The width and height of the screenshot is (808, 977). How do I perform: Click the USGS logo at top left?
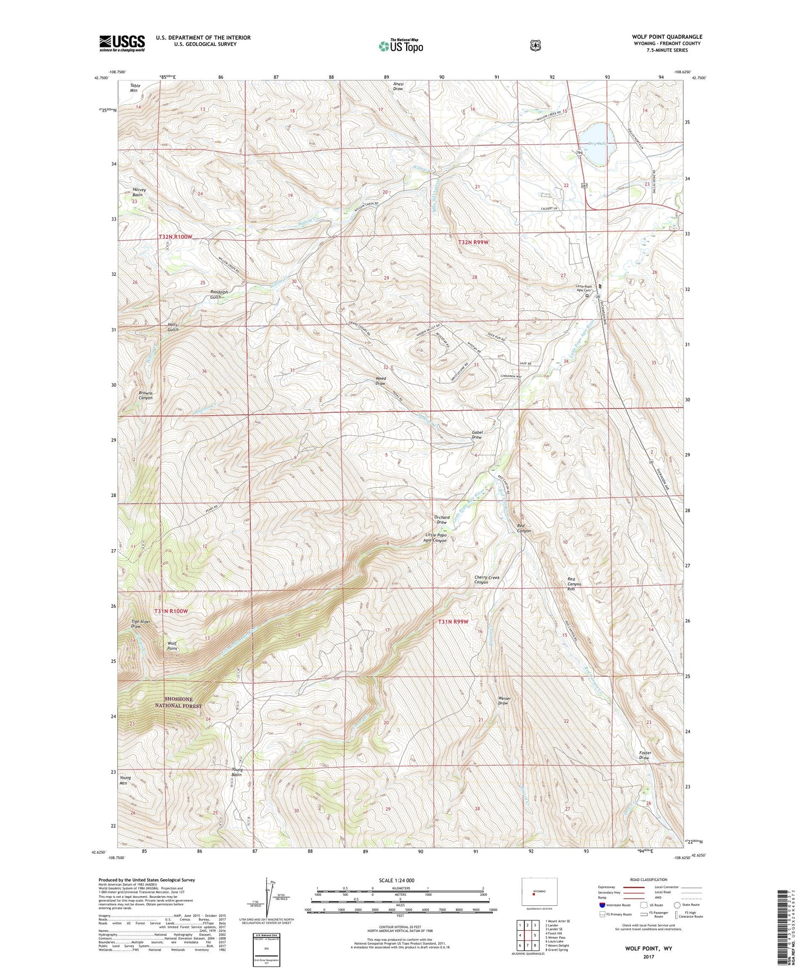click(122, 43)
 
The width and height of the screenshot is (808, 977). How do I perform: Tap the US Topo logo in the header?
click(400, 46)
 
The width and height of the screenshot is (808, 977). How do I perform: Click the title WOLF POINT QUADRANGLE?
click(667, 37)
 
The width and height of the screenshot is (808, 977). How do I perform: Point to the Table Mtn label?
click(134, 88)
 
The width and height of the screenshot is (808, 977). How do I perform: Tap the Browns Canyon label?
click(145, 396)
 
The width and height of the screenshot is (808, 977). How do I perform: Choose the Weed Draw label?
click(380, 381)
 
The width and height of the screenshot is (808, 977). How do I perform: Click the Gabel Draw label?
click(477, 435)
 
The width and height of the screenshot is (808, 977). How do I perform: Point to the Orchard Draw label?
click(442, 520)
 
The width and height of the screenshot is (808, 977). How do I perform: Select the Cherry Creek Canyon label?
click(486, 580)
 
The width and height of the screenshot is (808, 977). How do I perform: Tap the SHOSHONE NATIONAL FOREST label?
click(178, 703)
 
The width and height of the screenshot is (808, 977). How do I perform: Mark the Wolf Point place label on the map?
click(172, 646)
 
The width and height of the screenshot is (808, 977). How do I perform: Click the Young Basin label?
click(237, 772)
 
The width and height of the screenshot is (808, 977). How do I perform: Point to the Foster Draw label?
click(645, 756)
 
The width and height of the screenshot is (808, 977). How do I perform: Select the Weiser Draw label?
click(504, 701)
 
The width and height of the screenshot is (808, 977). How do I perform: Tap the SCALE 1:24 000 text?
click(396, 881)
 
